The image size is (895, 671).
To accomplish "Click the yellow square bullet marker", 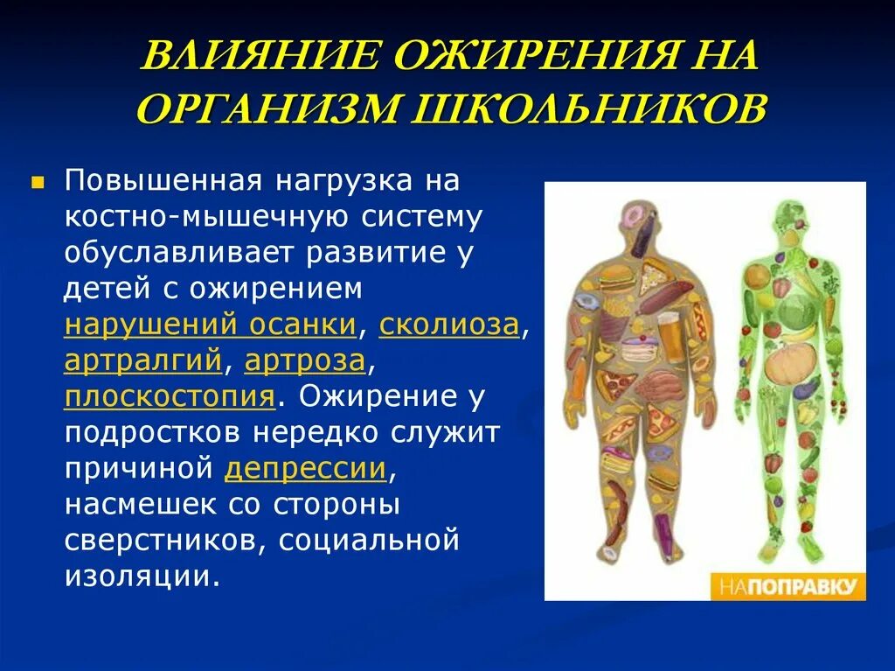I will point(38,183).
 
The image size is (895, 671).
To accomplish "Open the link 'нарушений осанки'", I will point(210,325).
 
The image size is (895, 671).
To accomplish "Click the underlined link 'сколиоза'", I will point(449,325).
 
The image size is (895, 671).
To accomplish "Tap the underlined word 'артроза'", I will point(304,360).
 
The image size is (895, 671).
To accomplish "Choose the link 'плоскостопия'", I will point(170,396).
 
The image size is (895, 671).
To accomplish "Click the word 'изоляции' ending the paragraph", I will point(138,577).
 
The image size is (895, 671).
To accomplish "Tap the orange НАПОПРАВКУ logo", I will point(787,585).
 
